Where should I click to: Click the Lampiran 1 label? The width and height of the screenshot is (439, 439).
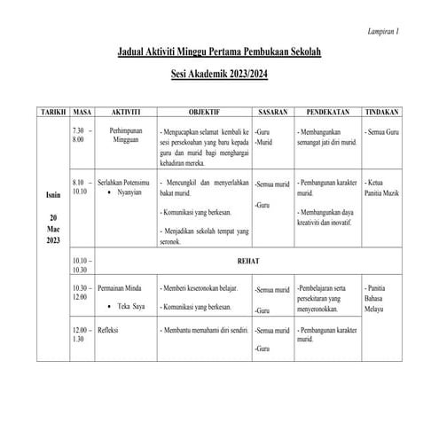point(382,31)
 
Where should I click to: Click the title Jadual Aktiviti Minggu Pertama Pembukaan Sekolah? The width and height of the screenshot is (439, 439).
point(219,55)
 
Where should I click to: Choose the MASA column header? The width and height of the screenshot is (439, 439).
point(82,113)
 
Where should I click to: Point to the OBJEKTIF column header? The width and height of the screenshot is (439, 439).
point(204,113)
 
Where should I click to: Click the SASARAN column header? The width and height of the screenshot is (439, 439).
point(271,113)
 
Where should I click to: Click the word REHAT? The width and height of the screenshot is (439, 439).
point(249,263)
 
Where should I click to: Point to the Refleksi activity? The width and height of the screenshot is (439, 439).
point(114,331)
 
